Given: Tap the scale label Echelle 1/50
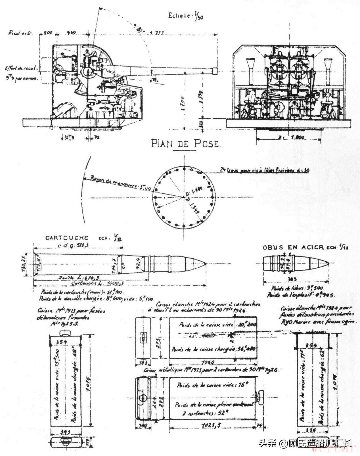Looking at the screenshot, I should coord(185,16).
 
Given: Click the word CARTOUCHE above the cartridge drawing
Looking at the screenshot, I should coord(67,238).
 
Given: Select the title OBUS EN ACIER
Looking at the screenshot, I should coord(293,247).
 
